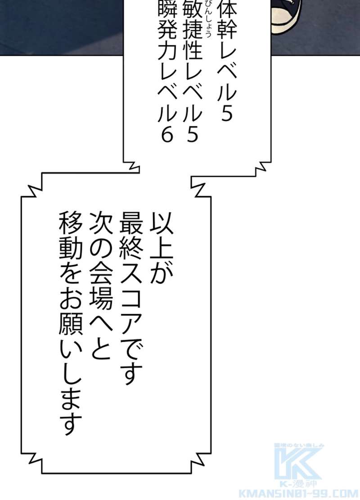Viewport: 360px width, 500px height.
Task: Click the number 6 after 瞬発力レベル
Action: click(167, 134)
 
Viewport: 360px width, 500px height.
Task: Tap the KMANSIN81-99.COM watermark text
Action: click(299, 493)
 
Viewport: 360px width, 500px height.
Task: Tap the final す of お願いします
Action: click(71, 424)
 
